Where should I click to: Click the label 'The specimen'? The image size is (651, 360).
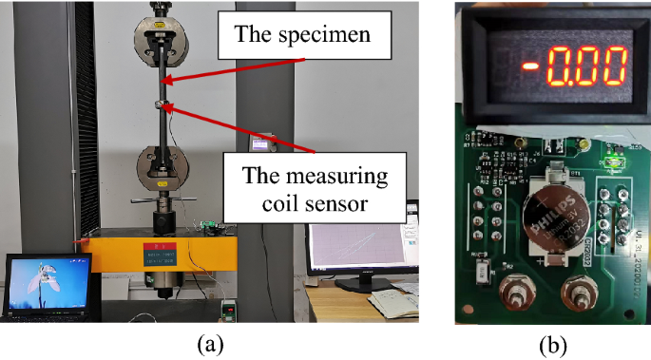pos(298,39)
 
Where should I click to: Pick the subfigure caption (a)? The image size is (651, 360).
pos(211,344)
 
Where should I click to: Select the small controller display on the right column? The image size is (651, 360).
pos(259,142)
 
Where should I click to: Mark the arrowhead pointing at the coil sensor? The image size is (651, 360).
pos(169,106)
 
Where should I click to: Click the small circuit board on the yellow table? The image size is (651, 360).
pos(212,228)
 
